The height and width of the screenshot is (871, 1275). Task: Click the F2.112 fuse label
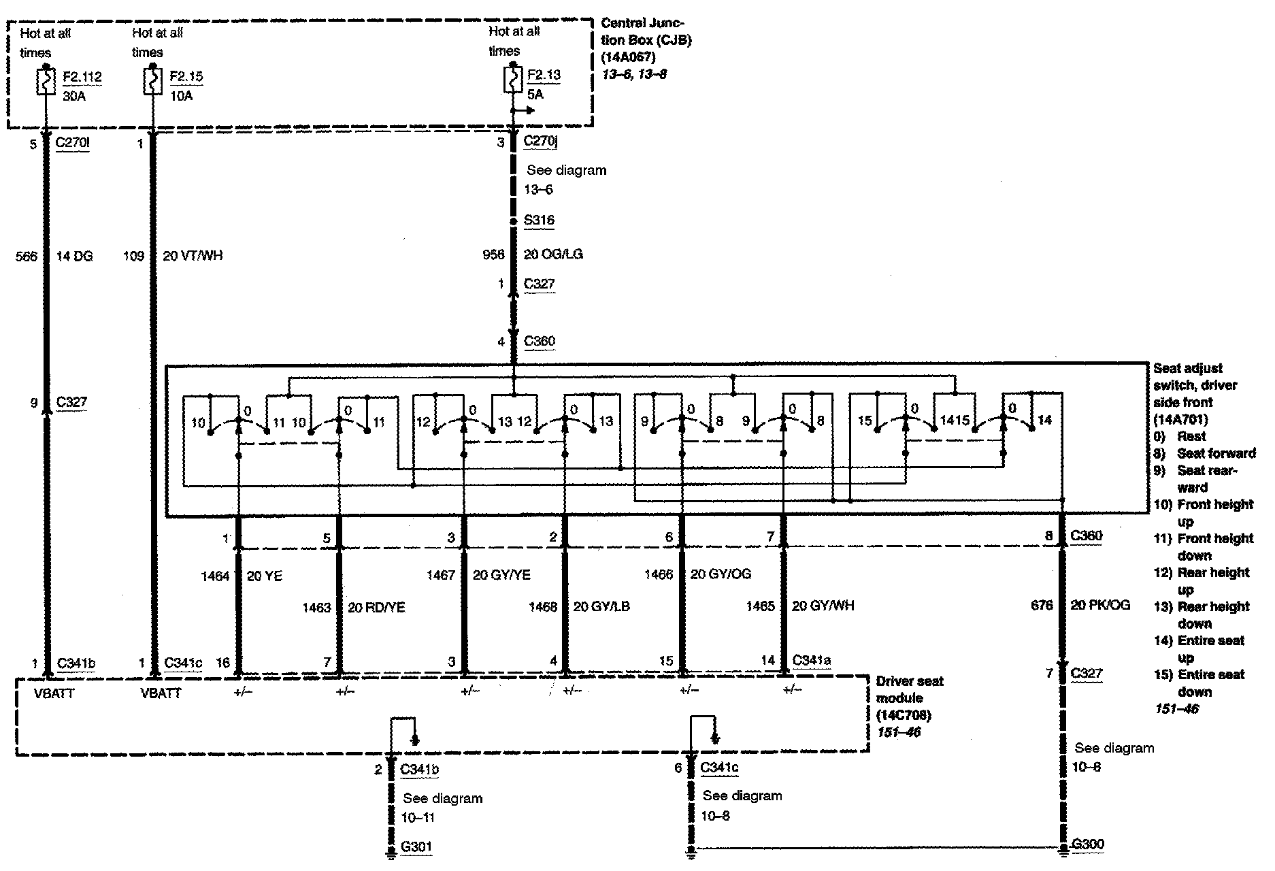pos(82,77)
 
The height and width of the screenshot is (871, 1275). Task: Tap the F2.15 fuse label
pos(186,77)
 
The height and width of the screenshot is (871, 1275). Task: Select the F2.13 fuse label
pos(544,75)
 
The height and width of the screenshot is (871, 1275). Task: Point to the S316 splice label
pos(539,220)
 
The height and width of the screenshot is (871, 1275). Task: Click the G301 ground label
pos(416,847)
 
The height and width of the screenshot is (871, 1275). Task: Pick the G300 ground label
pos(1087,844)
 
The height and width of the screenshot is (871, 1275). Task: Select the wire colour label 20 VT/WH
pos(193,256)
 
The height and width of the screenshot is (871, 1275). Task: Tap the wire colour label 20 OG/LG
pos(553,254)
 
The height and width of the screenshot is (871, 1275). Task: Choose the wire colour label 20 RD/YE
pos(376,607)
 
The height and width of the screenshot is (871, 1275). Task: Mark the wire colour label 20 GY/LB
pos(601,606)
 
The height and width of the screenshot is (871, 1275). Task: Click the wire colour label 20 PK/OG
pos(1100,604)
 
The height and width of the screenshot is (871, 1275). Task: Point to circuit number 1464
pos(215,576)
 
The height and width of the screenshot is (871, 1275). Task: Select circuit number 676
pos(1042,604)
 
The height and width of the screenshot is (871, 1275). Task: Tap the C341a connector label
pos(812,659)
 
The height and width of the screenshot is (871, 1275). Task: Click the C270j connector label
pos(540,142)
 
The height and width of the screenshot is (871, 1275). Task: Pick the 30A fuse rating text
pos(74,96)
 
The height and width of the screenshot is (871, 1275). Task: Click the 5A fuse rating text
pos(535,95)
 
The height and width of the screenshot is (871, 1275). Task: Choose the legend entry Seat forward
pos(1216,453)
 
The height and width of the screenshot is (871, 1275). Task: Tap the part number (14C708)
pos(903,715)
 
